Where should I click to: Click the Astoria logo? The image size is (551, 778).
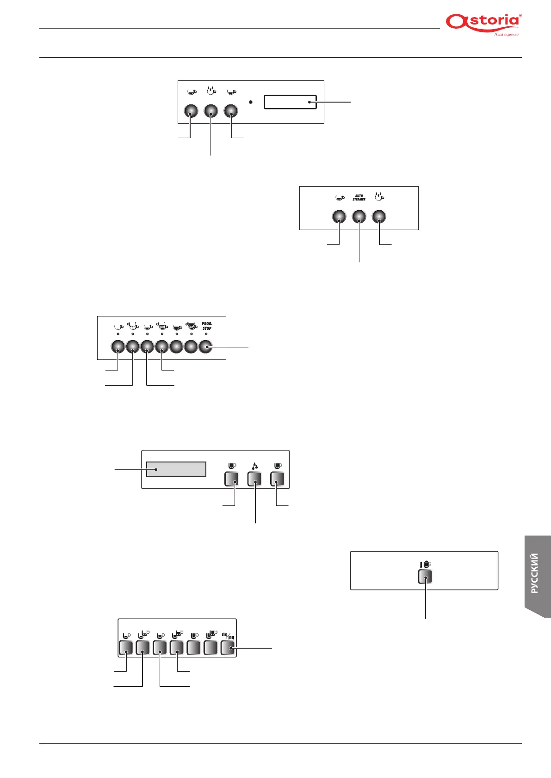tap(483, 22)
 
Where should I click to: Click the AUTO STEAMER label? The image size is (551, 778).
tap(359, 198)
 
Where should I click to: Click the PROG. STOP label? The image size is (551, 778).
tap(207, 326)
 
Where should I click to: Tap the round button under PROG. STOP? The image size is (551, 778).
tap(205, 346)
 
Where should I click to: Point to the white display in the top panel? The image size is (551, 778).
tap(290, 102)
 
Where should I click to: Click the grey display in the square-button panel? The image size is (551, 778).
tap(176, 469)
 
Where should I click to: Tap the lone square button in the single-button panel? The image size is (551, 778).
tap(425, 577)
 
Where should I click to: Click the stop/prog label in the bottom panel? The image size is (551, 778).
tap(228, 636)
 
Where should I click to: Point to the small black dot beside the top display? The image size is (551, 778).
tap(250, 102)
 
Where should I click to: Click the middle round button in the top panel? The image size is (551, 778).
tap(211, 111)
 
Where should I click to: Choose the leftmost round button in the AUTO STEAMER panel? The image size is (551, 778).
tap(339, 217)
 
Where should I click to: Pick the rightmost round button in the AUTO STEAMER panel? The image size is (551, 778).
tap(379, 217)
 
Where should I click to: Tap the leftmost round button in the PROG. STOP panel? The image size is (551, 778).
tap(118, 346)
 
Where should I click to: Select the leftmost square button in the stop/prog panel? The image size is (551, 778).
tap(126, 647)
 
